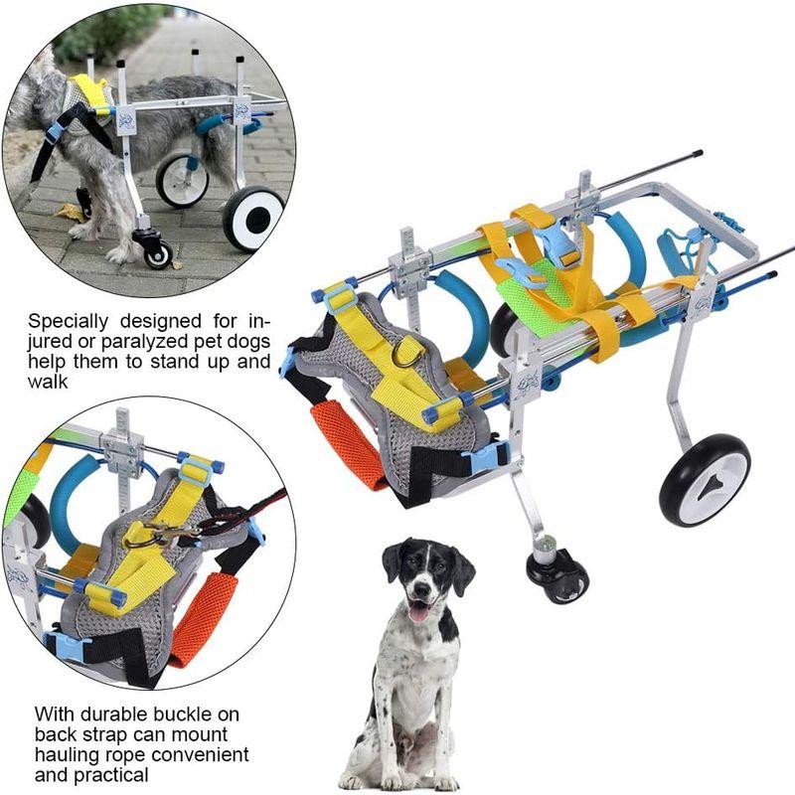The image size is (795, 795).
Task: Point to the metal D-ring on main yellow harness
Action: (x=406, y=352)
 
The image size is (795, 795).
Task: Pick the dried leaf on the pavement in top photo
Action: (x=69, y=211)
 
